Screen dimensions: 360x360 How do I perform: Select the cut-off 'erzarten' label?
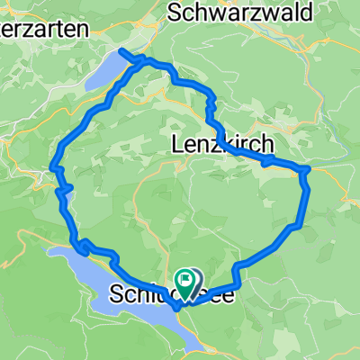pyautogui.click(x=44, y=29)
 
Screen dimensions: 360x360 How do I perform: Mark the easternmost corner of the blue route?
pyautogui.click(x=308, y=168)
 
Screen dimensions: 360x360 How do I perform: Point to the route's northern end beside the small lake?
pyautogui.click(x=122, y=51)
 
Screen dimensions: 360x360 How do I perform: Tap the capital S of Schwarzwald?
pyautogui.click(x=175, y=12)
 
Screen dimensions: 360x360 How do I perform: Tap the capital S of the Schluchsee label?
pyautogui.click(x=116, y=295)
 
